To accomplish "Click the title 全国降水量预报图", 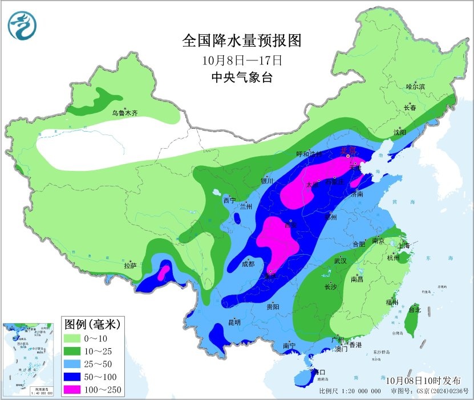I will coord(241,40).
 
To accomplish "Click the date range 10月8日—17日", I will coord(242,59).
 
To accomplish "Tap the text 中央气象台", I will coord(242,77).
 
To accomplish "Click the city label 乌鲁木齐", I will coord(124,113).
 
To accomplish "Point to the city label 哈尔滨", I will coord(415,87).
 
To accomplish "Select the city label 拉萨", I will coord(130,265).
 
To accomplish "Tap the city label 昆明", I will coord(234,322).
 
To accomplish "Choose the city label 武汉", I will coord(341,260).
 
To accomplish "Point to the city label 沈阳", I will coord(399,132).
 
